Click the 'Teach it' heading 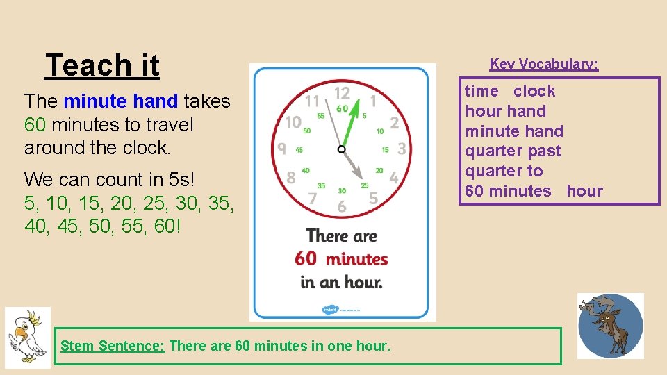(102, 66)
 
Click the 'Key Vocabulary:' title (543, 64)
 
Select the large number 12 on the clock (342, 93)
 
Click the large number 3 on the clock (402, 149)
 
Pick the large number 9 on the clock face (281, 149)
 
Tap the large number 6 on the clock (341, 206)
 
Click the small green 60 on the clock (342, 108)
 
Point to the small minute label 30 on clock (342, 190)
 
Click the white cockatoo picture (28, 337)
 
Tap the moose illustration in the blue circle (610, 326)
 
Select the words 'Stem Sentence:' (113, 345)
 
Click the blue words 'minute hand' (121, 101)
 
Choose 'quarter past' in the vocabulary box (513, 151)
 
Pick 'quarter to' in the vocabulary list (503, 171)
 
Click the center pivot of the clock (342, 149)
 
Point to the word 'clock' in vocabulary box (534, 91)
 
